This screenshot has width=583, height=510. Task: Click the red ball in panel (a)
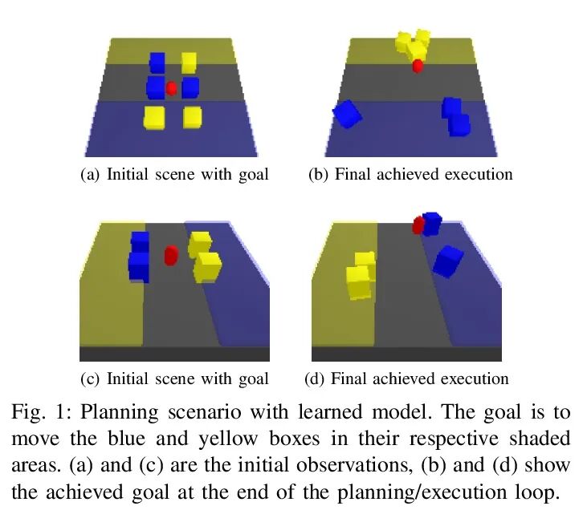pyautogui.click(x=171, y=87)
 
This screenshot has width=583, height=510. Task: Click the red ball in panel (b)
pyautogui.click(x=417, y=66)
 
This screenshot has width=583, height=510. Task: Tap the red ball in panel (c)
pyautogui.click(x=170, y=256)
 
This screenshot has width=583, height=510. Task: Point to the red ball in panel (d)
pyautogui.click(x=418, y=225)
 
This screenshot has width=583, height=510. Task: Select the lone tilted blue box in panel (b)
pyautogui.click(x=348, y=115)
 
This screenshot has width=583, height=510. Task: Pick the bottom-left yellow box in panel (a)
pyautogui.click(x=153, y=117)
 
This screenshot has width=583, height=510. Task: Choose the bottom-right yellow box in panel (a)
pyautogui.click(x=192, y=117)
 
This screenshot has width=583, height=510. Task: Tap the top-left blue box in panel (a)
pyautogui.click(x=157, y=63)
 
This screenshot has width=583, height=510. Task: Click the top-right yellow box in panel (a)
pyautogui.click(x=189, y=62)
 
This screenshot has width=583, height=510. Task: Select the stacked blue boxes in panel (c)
pyautogui.click(x=140, y=256)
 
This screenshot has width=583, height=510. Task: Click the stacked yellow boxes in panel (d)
pyautogui.click(x=361, y=277)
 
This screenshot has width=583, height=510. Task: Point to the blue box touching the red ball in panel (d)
pyautogui.click(x=432, y=223)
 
